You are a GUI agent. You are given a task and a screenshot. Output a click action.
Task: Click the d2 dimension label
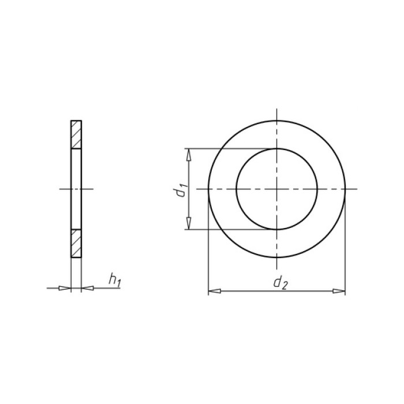(x=280, y=283)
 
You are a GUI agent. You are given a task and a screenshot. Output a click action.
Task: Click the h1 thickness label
(x=114, y=280)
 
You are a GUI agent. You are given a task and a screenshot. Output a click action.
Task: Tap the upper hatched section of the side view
(x=76, y=134)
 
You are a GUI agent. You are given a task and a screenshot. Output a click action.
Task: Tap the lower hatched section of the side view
(x=76, y=243)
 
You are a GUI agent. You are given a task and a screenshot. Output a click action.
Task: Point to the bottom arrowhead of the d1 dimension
(x=189, y=223)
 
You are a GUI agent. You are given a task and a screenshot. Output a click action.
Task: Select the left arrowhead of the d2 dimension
(x=214, y=291)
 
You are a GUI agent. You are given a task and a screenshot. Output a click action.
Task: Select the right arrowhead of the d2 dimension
(x=339, y=291)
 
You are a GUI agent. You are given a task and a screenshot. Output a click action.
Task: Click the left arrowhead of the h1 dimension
(x=65, y=288)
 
